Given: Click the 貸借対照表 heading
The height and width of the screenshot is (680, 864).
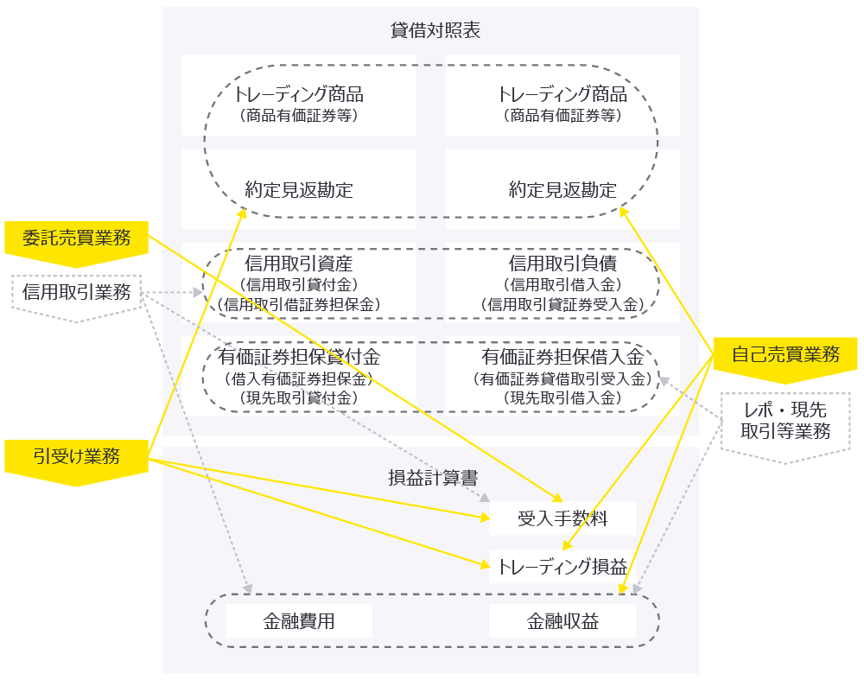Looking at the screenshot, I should tap(430, 31).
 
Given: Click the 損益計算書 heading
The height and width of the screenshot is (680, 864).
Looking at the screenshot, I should tap(430, 477).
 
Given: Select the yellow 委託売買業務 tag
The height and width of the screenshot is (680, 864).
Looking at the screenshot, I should tap(76, 238).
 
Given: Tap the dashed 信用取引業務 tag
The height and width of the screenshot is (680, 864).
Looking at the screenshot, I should tap(76, 293).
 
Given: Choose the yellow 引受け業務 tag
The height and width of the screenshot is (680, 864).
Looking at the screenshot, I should tap(76, 457).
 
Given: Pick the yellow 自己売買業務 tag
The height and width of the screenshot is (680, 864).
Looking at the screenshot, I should tap(785, 354).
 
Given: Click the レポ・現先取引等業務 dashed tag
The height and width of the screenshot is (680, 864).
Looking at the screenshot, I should tap(785, 421).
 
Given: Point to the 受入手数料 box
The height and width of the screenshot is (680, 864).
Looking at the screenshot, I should tap(562, 518).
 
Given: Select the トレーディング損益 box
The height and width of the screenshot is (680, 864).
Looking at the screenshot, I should tap(562, 568).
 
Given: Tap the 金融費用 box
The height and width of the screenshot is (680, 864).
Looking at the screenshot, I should tap(298, 621).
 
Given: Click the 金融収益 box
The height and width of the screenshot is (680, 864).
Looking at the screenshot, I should tap(562, 621).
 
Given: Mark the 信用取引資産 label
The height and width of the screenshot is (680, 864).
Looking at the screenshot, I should tap(298, 264).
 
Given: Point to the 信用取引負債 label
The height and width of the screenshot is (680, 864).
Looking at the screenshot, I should tap(562, 264).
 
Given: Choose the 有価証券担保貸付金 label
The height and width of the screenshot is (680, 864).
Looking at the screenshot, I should tap(298, 357).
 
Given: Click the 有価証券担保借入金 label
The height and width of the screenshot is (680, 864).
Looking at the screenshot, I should tap(562, 357).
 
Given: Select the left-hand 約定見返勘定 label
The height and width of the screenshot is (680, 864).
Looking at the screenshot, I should tap(298, 190).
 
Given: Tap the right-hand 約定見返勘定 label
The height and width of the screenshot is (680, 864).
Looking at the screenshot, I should tap(562, 190).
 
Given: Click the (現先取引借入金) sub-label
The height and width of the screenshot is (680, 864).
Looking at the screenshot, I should tap(562, 398).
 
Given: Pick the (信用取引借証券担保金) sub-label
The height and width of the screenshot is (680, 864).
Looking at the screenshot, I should tap(298, 304).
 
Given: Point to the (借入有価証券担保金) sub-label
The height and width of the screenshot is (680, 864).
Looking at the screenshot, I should tap(298, 378).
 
